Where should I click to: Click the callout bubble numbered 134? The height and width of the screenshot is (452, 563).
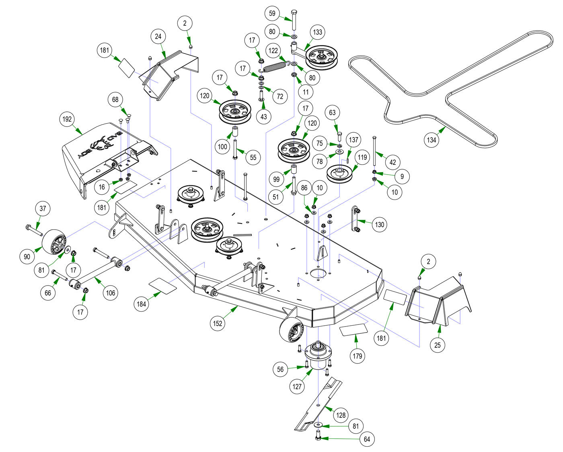pos(431,140)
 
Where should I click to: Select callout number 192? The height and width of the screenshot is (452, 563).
pos(67,119)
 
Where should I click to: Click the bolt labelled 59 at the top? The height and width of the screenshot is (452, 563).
pos(294,20)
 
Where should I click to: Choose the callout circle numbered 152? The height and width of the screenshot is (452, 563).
pos(218,323)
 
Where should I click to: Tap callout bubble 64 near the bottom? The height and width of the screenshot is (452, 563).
pos(367,439)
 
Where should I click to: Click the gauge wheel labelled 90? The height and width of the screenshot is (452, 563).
pos(54,242)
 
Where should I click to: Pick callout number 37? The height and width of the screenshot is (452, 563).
pos(43,208)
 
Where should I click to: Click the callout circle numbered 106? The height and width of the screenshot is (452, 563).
pos(111,292)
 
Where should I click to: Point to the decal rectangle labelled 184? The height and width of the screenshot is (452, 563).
pos(162,285)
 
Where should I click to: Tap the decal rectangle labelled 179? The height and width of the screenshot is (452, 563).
pos(354,330)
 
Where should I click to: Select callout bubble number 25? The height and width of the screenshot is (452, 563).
pos(438,345)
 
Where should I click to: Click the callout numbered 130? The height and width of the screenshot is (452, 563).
pos(380,224)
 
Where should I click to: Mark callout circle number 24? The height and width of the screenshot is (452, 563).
pos(158,36)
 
